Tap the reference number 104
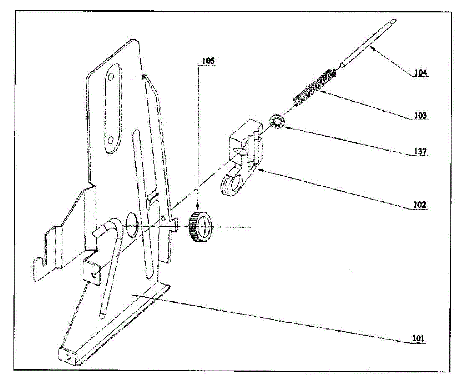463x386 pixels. point(420,72)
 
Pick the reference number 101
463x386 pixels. point(418,339)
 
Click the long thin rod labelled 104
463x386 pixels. point(367,42)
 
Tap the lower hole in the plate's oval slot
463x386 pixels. point(111,139)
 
